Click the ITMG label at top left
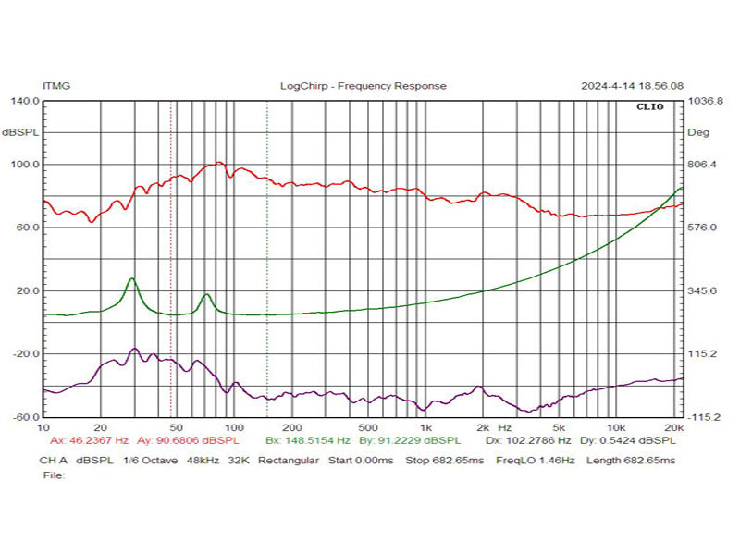coord(55,86)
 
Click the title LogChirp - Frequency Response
coord(363,86)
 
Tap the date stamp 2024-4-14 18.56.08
coord(632,86)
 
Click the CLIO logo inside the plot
coord(648,107)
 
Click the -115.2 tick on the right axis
coord(704,418)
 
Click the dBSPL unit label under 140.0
coord(21,133)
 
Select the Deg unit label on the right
coord(698,133)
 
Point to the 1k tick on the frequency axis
coord(425,428)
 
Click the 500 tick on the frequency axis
coord(368,428)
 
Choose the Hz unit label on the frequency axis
coord(504,428)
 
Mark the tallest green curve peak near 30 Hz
coord(132,278)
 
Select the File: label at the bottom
coord(54,475)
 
